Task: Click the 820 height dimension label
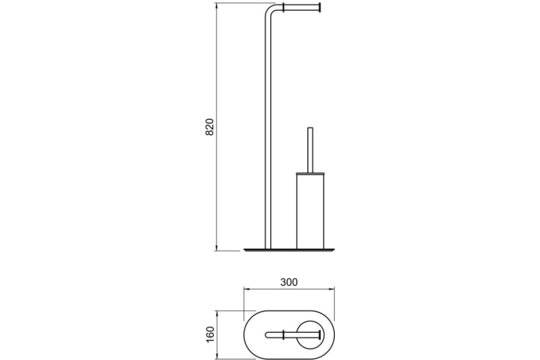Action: (x=210, y=127)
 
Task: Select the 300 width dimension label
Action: (x=289, y=282)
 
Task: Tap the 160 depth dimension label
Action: (x=210, y=334)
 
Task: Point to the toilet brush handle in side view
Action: (x=310, y=150)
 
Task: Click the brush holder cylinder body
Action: (x=310, y=211)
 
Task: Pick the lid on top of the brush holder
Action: (x=310, y=173)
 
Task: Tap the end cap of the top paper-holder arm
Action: (x=319, y=7)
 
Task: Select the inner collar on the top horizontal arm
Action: (x=284, y=7)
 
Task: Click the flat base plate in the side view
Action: (x=289, y=250)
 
